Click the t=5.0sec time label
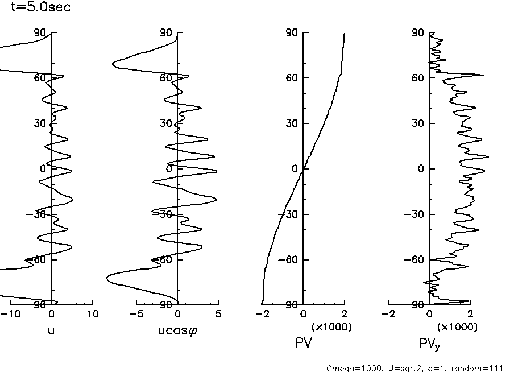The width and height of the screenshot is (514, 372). tap(41, 9)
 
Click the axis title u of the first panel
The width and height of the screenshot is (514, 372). tap(51, 330)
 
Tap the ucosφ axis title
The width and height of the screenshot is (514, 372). tap(177, 330)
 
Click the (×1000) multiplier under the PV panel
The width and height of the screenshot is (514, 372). tap(331, 327)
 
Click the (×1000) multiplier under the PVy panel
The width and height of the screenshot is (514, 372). tap(457, 327)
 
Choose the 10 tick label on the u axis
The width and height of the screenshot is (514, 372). tap(93, 313)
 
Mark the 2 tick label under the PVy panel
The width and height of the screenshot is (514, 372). tap(470, 313)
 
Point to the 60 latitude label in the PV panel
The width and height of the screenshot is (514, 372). tap(293, 78)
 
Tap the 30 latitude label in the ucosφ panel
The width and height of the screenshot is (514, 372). tap(167, 123)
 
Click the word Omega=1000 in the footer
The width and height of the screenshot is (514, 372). tap(350, 368)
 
